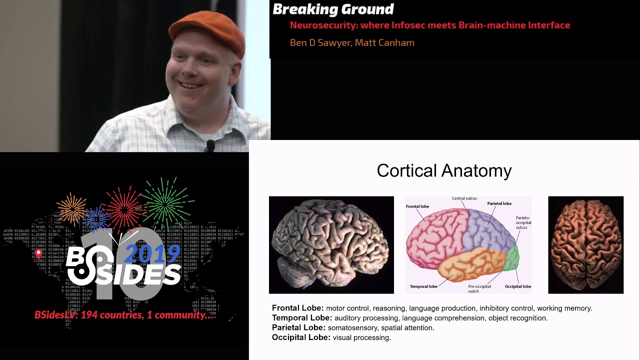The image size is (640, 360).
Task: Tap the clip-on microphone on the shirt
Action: (210, 145)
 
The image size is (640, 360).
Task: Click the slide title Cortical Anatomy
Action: (444, 170)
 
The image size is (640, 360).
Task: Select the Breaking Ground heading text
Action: (333, 9)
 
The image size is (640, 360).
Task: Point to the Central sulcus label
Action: (464, 198)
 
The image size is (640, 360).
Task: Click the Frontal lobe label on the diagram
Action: (417, 206)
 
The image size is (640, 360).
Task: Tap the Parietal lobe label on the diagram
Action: (499, 203)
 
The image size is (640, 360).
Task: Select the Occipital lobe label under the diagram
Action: (517, 286)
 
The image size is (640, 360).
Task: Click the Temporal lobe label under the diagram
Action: (423, 286)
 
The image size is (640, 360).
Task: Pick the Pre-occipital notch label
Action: (479, 288)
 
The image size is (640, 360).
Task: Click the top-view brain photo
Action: (585, 244)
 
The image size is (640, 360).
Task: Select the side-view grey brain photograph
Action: (331, 244)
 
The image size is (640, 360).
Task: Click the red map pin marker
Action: (38, 254)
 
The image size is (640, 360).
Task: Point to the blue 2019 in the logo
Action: (152, 254)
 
